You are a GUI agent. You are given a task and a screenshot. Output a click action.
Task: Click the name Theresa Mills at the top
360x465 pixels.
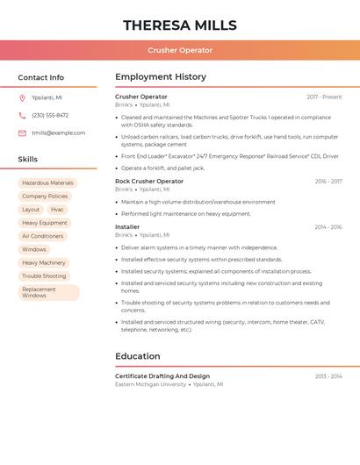point(180,25)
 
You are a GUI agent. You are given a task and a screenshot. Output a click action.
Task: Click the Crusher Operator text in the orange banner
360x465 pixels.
point(180,50)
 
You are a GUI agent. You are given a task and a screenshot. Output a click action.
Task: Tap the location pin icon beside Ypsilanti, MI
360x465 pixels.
point(22,98)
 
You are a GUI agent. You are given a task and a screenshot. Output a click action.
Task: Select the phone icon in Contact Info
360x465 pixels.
point(22,116)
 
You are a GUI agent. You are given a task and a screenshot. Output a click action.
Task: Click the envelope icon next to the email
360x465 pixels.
point(22,133)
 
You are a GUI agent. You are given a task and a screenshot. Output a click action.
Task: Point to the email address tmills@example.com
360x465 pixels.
point(59,133)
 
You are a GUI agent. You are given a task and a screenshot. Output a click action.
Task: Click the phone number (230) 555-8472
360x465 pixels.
point(50,116)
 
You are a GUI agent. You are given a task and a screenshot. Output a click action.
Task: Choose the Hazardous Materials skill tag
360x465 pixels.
point(47,183)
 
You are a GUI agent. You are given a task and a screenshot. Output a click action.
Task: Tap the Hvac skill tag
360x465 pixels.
point(57,210)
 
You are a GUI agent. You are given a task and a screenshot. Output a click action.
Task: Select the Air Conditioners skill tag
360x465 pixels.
point(42,236)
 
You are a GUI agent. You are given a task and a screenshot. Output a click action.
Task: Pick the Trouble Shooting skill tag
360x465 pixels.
point(44,276)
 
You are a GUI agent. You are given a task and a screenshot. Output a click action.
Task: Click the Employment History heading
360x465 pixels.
point(160,77)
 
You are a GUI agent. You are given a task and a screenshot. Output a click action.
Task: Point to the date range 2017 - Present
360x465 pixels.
point(324,97)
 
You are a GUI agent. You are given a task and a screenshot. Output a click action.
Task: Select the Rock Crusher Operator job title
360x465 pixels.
point(149,181)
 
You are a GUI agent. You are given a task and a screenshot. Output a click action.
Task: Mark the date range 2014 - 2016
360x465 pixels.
point(328,227)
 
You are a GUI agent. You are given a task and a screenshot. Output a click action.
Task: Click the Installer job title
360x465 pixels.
point(127,227)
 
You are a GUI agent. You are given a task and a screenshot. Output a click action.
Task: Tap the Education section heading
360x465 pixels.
point(138,356)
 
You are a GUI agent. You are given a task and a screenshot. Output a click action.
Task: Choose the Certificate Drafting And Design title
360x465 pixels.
point(162,376)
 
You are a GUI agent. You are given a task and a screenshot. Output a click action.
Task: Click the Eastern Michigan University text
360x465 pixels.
point(150,384)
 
